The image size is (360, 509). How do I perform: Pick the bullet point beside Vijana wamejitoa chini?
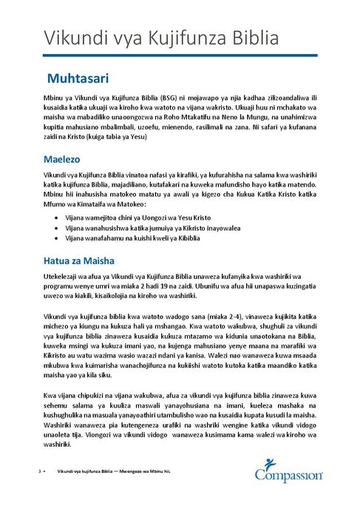[x=58, y=220]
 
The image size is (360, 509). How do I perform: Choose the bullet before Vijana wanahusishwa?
[x=58, y=229]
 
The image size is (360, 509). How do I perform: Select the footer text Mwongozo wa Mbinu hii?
[x=145, y=471]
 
